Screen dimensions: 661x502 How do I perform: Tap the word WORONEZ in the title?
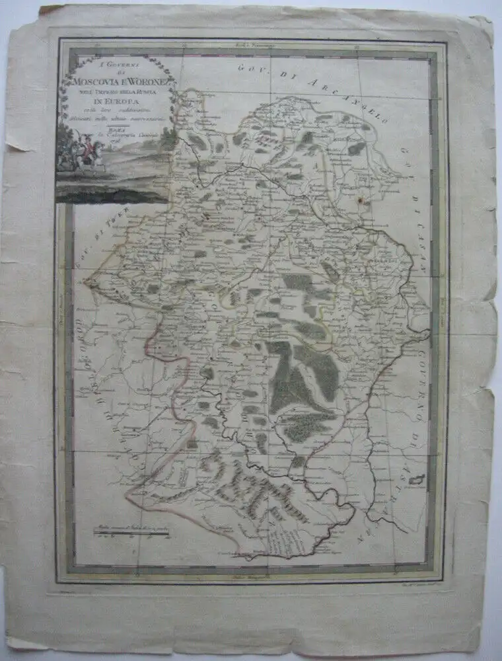(x=147, y=82)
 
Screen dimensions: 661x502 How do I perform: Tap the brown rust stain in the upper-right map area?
(x=361, y=196)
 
